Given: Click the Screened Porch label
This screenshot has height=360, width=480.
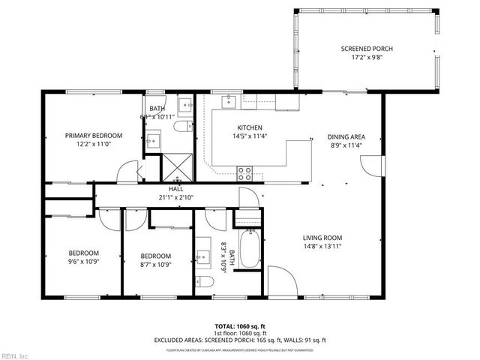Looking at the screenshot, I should (367, 49).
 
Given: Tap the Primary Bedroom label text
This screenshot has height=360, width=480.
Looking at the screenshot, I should (93, 136).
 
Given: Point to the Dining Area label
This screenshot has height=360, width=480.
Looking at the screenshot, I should (346, 136).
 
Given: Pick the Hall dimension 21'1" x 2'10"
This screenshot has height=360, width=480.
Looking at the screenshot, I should (175, 198).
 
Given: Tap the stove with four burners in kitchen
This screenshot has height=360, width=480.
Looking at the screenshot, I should (244, 173).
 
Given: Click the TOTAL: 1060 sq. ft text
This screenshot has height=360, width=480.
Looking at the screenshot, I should (240, 326).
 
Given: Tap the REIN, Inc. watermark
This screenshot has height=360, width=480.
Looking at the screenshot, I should (15, 355).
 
